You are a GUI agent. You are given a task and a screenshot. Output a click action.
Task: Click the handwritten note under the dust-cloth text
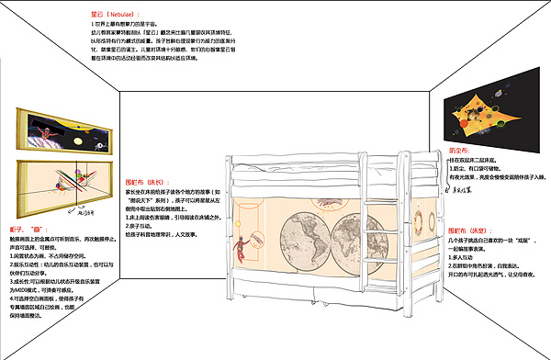[x=469, y=192]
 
